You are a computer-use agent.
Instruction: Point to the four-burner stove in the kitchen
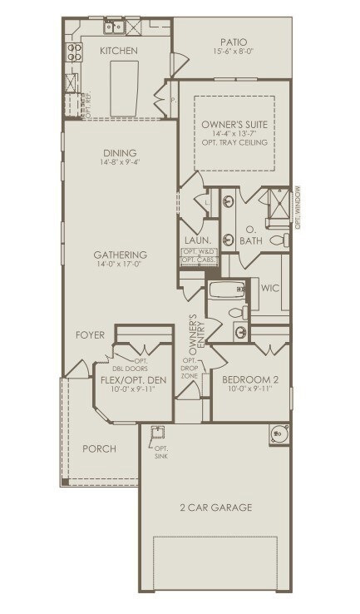[73, 53]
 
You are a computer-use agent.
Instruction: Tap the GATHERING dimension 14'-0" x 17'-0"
[120, 265]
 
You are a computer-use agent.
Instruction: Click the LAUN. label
[195, 240]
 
